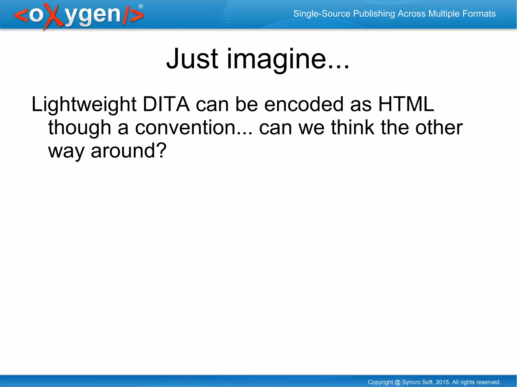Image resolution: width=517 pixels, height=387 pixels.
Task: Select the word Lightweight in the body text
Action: click(x=84, y=104)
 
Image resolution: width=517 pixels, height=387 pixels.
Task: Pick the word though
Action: click(x=80, y=128)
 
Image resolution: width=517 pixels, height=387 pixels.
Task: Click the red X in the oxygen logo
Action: click(x=53, y=17)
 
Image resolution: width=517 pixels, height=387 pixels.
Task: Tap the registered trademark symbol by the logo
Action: click(x=141, y=7)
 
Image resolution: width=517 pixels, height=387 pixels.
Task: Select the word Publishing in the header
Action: click(x=374, y=14)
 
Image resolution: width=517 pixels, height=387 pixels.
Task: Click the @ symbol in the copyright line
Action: click(x=397, y=382)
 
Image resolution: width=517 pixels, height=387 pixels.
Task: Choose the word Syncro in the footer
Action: click(x=411, y=382)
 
